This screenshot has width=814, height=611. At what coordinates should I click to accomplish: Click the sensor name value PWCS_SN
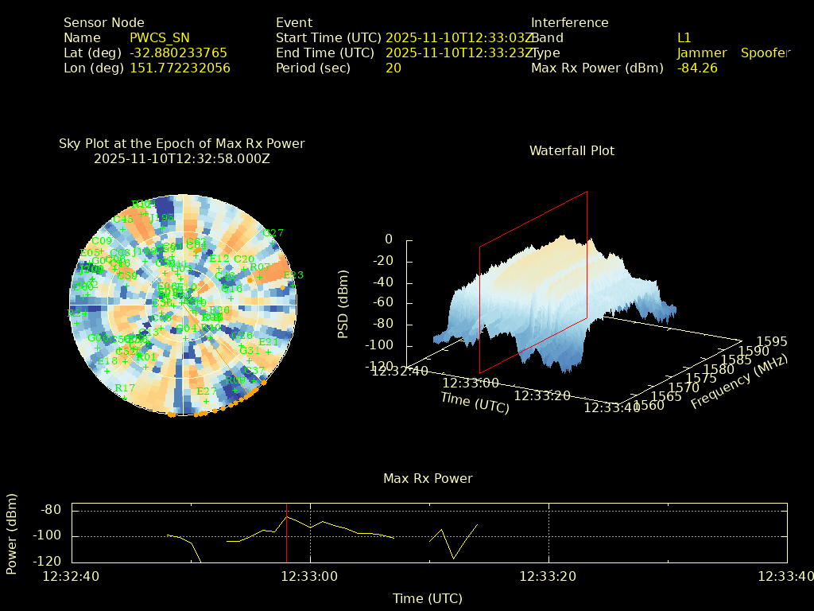159,37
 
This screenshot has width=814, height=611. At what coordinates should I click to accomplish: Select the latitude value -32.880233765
178,53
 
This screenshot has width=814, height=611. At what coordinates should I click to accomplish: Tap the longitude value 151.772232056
180,68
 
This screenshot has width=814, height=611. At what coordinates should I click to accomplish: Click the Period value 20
393,68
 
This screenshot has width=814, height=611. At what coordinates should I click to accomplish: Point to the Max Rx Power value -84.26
697,68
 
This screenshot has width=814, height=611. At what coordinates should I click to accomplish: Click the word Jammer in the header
702,53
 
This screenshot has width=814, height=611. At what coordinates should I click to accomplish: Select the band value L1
684,37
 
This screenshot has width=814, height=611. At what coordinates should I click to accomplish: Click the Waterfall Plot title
572,150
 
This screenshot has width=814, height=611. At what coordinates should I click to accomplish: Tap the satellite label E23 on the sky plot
293,275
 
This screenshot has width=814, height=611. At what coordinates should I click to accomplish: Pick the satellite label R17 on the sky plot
125,387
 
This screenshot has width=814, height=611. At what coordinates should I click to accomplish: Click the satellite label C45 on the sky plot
123,220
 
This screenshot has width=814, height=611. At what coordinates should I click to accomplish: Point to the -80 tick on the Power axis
52,510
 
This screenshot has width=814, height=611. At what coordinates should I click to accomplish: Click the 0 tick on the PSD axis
389,239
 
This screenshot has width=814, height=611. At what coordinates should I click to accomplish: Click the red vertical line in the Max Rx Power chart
287,533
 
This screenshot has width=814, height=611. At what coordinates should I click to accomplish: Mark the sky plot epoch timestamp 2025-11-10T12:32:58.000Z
182,158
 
